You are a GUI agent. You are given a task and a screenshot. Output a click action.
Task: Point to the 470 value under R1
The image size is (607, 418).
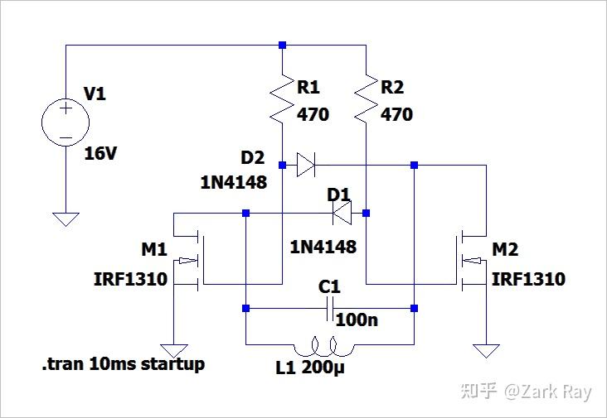click(313, 114)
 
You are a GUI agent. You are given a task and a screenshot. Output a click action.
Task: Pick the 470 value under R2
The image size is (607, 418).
click(396, 114)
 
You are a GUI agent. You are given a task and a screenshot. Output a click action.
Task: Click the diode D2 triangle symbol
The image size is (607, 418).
click(306, 166)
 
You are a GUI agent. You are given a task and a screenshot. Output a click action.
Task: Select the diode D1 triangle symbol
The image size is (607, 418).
click(341, 214)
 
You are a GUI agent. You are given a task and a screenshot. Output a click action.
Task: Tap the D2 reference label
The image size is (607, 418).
click(253, 158)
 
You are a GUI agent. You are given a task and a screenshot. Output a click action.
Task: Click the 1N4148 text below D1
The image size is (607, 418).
click(323, 247)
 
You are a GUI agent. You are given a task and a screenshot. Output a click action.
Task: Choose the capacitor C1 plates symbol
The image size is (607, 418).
click(329, 310)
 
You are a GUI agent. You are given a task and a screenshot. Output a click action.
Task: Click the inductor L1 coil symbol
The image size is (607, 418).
click(328, 344)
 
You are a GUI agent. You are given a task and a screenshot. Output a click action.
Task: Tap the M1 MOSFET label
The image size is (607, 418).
click(154, 249)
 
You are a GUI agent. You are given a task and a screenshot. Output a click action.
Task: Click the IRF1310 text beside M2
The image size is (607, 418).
click(528, 279)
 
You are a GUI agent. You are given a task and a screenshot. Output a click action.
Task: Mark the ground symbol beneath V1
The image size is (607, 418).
click(65, 219)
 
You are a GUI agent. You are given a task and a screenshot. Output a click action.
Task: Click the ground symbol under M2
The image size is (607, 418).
click(487, 350)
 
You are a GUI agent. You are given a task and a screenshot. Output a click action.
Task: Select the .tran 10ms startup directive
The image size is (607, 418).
click(124, 364)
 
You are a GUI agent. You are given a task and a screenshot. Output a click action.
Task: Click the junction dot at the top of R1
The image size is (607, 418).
click(283, 45)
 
